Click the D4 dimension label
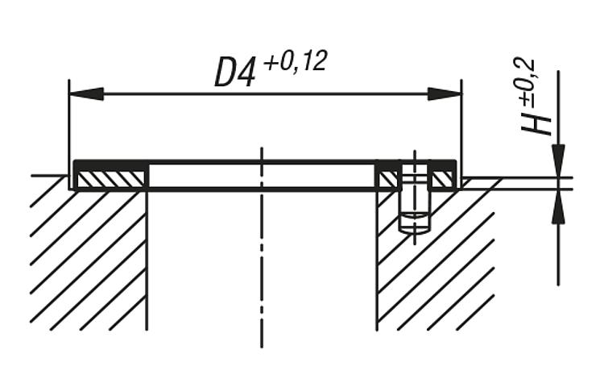pos(234,73)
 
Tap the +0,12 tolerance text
pos(296,62)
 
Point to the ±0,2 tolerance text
pos(527,82)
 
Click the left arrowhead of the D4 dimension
pos(86,94)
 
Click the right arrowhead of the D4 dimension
pos(445,94)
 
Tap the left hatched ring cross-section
pos(110,178)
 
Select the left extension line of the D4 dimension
pos(69,134)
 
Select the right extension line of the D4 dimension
pos(461,134)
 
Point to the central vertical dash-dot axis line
pos(262,248)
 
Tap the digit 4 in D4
pos(246,73)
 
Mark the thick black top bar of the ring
pos(265,162)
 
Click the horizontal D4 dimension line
pos(266,94)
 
